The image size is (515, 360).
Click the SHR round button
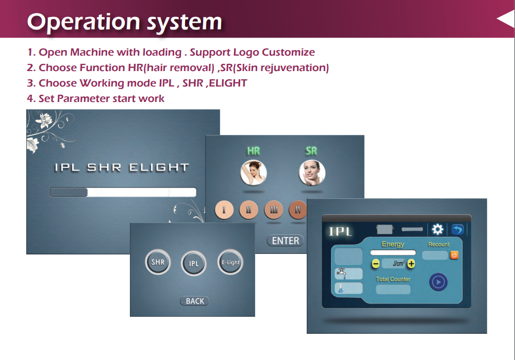pos(158,262)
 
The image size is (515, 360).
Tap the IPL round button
pos(194,263)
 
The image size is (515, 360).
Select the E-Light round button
pos(230,262)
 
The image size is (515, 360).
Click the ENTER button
pos(285,241)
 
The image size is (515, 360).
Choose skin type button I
pos(224,210)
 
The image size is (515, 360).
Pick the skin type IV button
pos(297,210)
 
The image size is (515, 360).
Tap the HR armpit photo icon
pos(253,173)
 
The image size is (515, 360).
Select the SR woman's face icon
pos(312,173)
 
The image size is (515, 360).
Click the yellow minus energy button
pos(376,264)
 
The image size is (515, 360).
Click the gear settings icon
pos(438,229)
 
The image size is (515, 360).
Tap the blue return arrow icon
pos(458,229)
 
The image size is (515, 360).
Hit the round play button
pos(438,282)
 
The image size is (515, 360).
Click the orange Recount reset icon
pos(454,255)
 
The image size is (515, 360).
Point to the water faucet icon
pos(342,273)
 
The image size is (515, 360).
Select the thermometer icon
pos(341,288)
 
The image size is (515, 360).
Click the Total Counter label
pos(393,279)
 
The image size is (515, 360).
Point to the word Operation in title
pos(84,22)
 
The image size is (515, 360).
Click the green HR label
pos(253,150)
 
